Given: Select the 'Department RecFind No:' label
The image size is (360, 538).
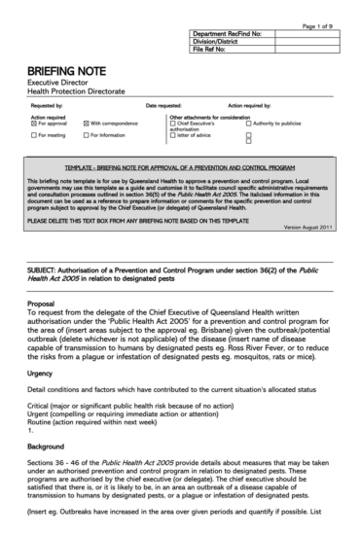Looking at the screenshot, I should coord(228,32).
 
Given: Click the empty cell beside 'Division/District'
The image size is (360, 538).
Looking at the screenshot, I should coord(308,41).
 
